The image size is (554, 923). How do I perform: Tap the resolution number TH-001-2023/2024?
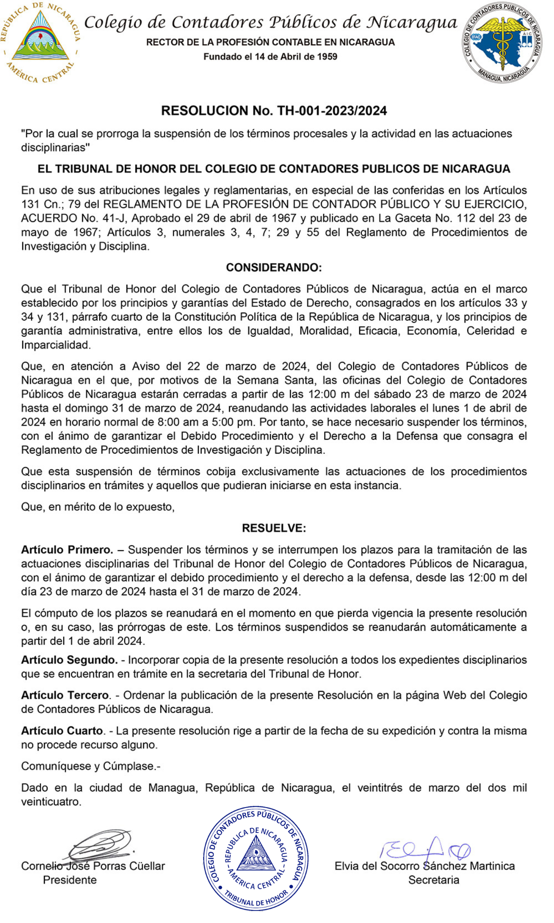coord(332,111)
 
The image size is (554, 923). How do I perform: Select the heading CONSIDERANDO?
coord(274,268)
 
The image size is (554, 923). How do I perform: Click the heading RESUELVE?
coord(274,528)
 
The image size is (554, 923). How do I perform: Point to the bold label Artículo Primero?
coord(67,550)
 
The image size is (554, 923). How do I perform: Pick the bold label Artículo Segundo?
coord(69,660)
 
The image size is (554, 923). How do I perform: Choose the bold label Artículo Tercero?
coord(65,695)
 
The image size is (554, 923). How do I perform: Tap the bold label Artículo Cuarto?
coord(62,731)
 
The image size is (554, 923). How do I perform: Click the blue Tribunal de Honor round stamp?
coord(256,859)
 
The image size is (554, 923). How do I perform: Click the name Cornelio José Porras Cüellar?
coord(93,866)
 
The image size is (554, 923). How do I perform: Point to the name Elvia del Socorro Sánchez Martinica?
coord(424,866)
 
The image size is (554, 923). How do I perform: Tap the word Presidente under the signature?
coord(70,880)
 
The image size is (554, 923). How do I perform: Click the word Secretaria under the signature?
coord(434,880)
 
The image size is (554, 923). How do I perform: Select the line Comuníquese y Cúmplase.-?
coord(90,766)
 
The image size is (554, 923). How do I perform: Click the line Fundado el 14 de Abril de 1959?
coord(270,57)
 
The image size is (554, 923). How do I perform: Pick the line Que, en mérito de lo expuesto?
coord(98,507)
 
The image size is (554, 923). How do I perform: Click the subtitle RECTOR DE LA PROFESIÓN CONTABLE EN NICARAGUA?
coord(270,42)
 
